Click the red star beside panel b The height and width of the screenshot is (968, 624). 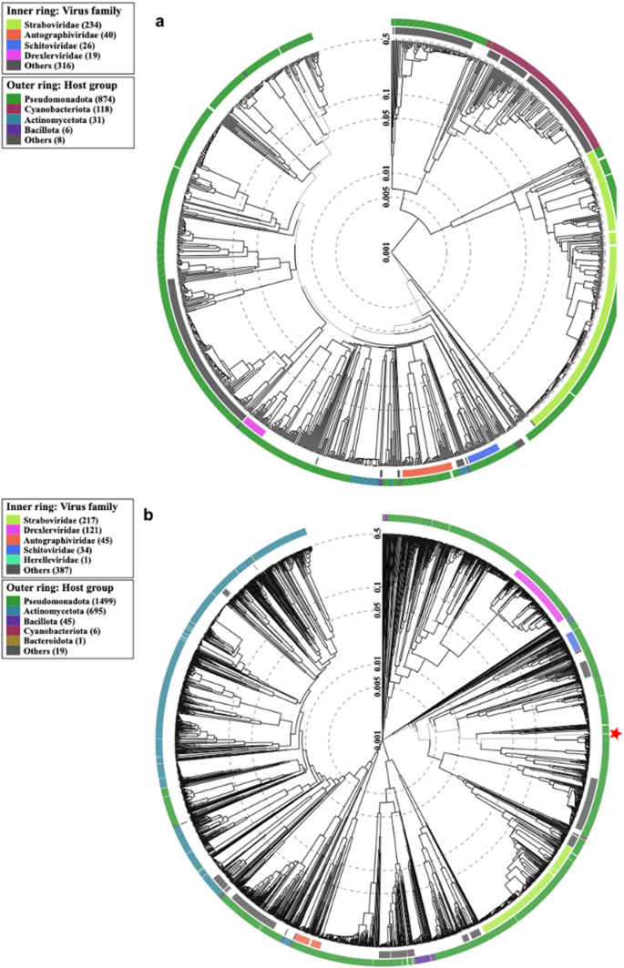pyautogui.click(x=617, y=733)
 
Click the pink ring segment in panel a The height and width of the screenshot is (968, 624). pyautogui.click(x=254, y=426)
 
